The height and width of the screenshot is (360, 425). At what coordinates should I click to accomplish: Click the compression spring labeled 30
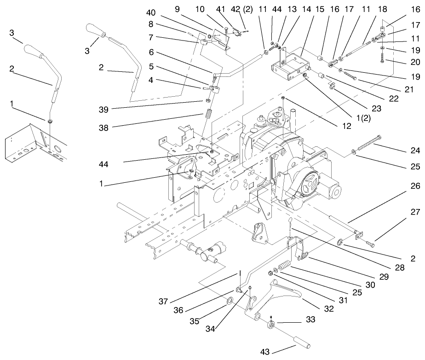pyautogui.click(x=285, y=266)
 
